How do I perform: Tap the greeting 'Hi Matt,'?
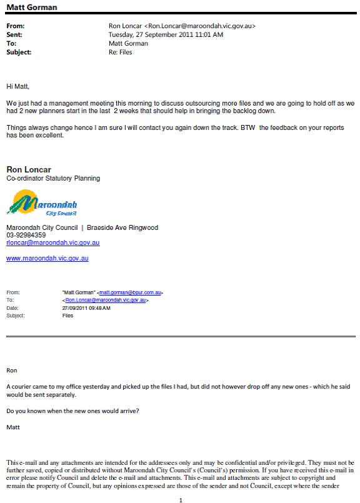point(18,86)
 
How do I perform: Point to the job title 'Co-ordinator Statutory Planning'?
point(53,178)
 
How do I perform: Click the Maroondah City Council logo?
point(42,204)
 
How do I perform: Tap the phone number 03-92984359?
point(26,235)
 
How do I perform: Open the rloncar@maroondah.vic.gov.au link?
point(53,242)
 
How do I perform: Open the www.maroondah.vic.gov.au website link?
point(47,258)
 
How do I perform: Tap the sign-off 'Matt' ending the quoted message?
point(13,427)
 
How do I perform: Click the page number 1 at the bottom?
point(180,499)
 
